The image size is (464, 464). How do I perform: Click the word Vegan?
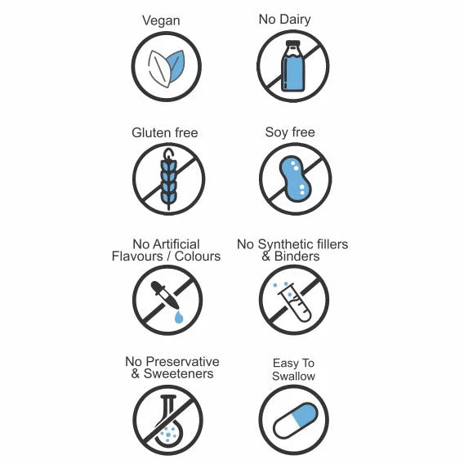(x=161, y=21)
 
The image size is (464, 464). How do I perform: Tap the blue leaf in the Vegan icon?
(x=176, y=67)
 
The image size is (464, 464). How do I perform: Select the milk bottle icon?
(x=292, y=66)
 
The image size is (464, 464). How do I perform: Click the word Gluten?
(x=151, y=132)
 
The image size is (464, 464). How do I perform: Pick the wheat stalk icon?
(x=169, y=179)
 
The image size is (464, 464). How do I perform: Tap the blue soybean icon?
(x=296, y=179)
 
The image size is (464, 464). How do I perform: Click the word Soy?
(x=276, y=132)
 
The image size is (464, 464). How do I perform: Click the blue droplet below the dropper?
(x=179, y=317)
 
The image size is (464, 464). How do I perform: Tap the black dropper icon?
(x=165, y=295)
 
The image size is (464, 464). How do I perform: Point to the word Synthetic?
(x=286, y=245)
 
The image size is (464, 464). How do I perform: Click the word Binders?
(x=297, y=257)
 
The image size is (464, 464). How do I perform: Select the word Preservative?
(x=183, y=362)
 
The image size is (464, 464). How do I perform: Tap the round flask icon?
(x=168, y=421)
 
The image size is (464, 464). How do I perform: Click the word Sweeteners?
(x=178, y=373)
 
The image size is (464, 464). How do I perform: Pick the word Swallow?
(x=293, y=376)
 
